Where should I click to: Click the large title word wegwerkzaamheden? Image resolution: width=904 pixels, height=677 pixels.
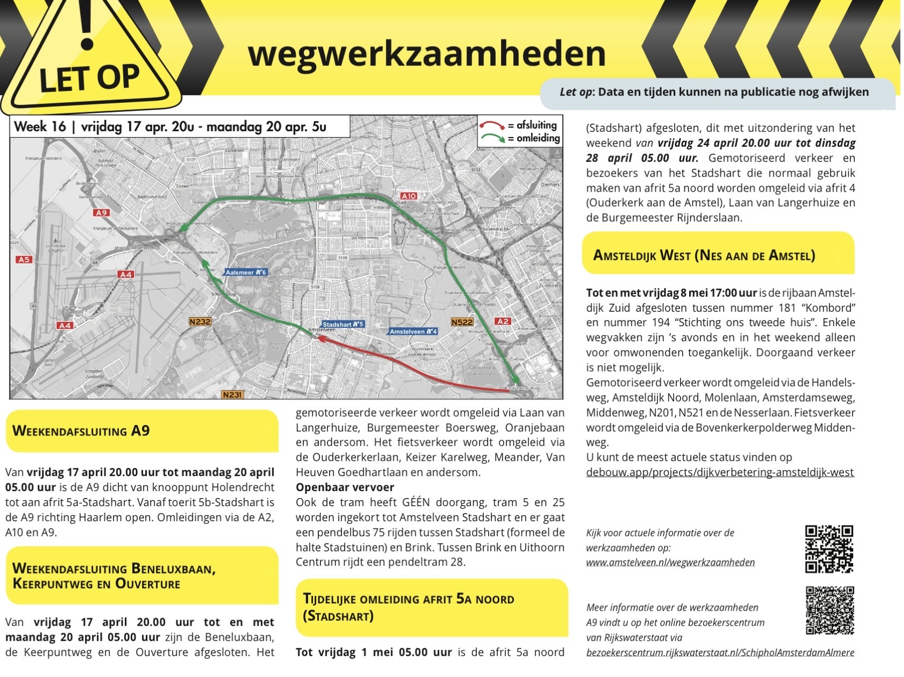(427, 54)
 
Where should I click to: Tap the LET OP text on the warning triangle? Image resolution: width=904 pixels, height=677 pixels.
(89, 78)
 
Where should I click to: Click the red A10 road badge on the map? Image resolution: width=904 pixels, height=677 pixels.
(408, 196)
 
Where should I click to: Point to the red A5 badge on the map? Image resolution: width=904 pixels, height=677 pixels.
(24, 260)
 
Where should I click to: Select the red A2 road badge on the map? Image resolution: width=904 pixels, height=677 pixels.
(502, 321)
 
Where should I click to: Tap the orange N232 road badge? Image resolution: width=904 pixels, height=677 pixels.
(200, 321)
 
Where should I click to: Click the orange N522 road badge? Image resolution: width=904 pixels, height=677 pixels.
(462, 322)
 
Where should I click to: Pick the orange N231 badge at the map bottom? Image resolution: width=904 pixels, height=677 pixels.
(232, 395)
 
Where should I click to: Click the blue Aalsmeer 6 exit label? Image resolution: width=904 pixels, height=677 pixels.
(246, 273)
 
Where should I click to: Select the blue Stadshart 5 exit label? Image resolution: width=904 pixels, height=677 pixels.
(343, 325)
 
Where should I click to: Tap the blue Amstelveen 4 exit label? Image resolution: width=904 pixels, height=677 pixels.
(413, 332)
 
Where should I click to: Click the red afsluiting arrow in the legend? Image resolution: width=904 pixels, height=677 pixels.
(492, 125)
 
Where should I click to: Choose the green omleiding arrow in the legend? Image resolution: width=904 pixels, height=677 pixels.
(492, 138)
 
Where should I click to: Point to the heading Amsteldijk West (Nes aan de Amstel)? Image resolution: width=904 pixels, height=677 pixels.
(704, 255)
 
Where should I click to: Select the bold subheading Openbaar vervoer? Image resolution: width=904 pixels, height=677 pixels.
(345, 487)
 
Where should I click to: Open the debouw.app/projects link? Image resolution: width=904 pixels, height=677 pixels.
(720, 472)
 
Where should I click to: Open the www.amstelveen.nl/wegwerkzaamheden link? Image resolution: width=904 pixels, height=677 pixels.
(670, 562)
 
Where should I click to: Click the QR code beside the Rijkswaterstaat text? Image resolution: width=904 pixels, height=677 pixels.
(830, 611)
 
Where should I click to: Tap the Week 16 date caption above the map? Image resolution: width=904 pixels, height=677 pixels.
(170, 127)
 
